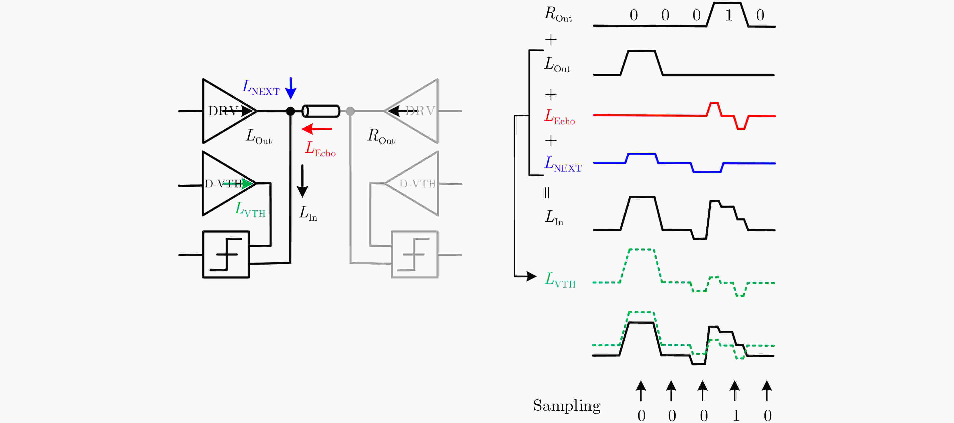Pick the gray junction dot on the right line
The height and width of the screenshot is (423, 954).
coord(350,111)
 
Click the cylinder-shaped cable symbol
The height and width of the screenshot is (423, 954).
coord(321,111)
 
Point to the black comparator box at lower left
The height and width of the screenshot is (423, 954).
coord(226,255)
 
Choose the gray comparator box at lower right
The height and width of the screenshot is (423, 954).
coord(415,255)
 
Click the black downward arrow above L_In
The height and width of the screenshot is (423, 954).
coord(303,181)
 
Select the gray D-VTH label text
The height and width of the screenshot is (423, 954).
coord(418,184)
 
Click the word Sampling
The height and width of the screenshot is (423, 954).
coord(567,406)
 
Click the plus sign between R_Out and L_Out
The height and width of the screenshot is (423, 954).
coord(551,40)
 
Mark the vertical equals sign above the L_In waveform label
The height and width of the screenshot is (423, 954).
coord(547,192)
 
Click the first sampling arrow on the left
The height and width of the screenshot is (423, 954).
coord(641,391)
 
